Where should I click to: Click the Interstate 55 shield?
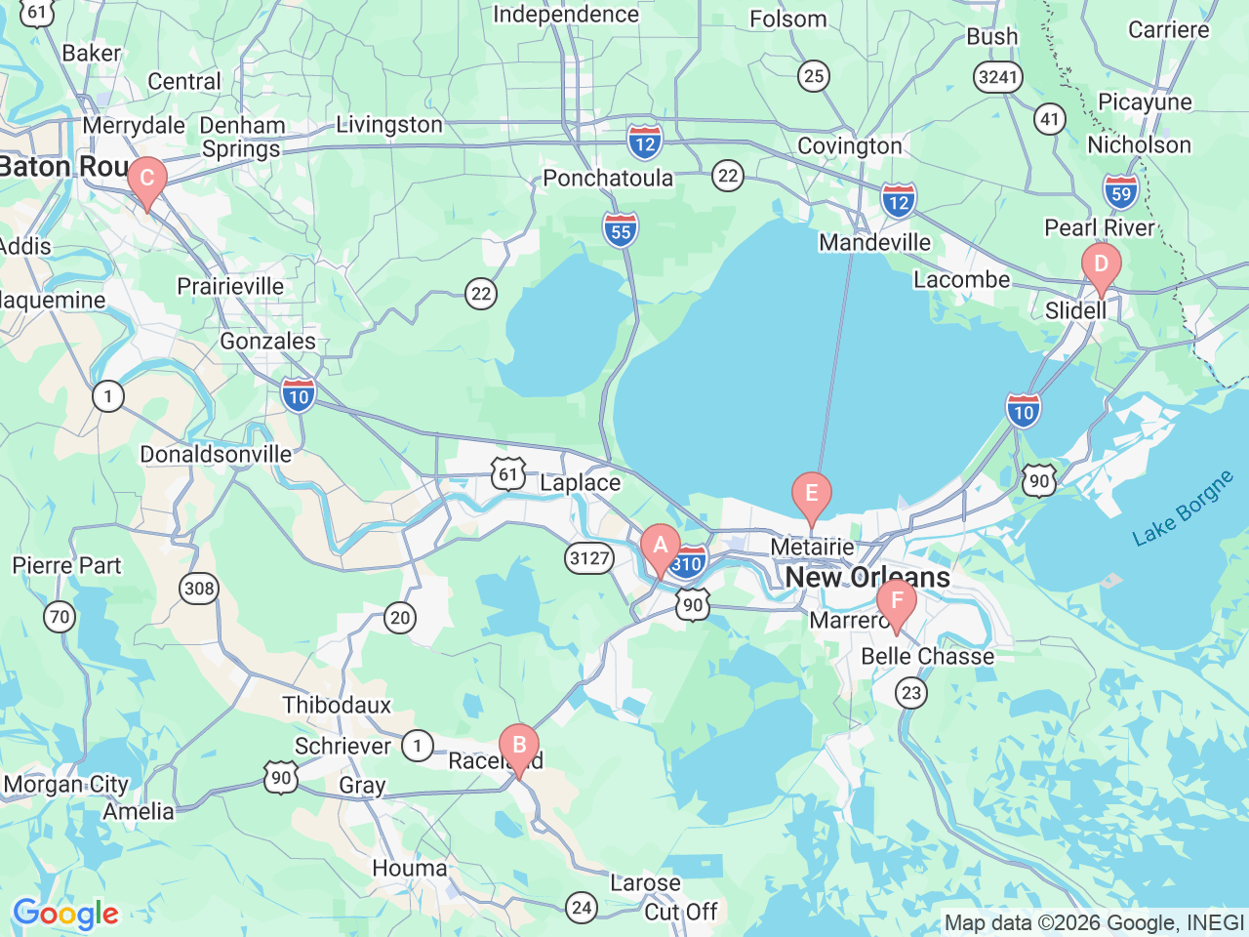[x=621, y=230]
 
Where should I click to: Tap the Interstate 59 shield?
[x=1121, y=191]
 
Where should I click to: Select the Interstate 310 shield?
[x=688, y=563]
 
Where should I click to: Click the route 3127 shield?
[x=589, y=558]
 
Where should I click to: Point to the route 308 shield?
[x=199, y=588]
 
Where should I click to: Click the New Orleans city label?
[x=867, y=577]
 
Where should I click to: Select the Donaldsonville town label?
[x=216, y=454]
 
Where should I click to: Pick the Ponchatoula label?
[x=608, y=178]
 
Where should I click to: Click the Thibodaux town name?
[x=337, y=705]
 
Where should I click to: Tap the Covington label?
[x=850, y=145]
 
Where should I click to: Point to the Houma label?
[x=410, y=868]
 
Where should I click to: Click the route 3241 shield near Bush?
[x=997, y=77]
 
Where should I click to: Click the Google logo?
[x=65, y=915]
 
